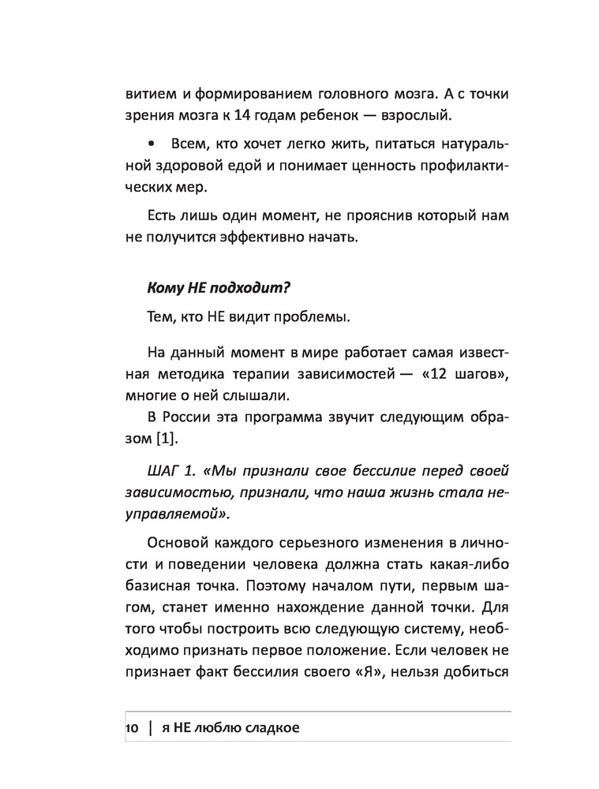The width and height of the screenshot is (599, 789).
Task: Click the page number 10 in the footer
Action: click(x=130, y=727)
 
